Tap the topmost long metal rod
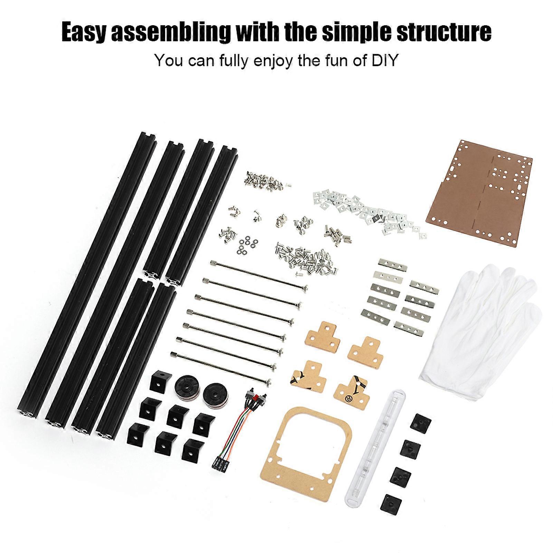coord(259,275)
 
